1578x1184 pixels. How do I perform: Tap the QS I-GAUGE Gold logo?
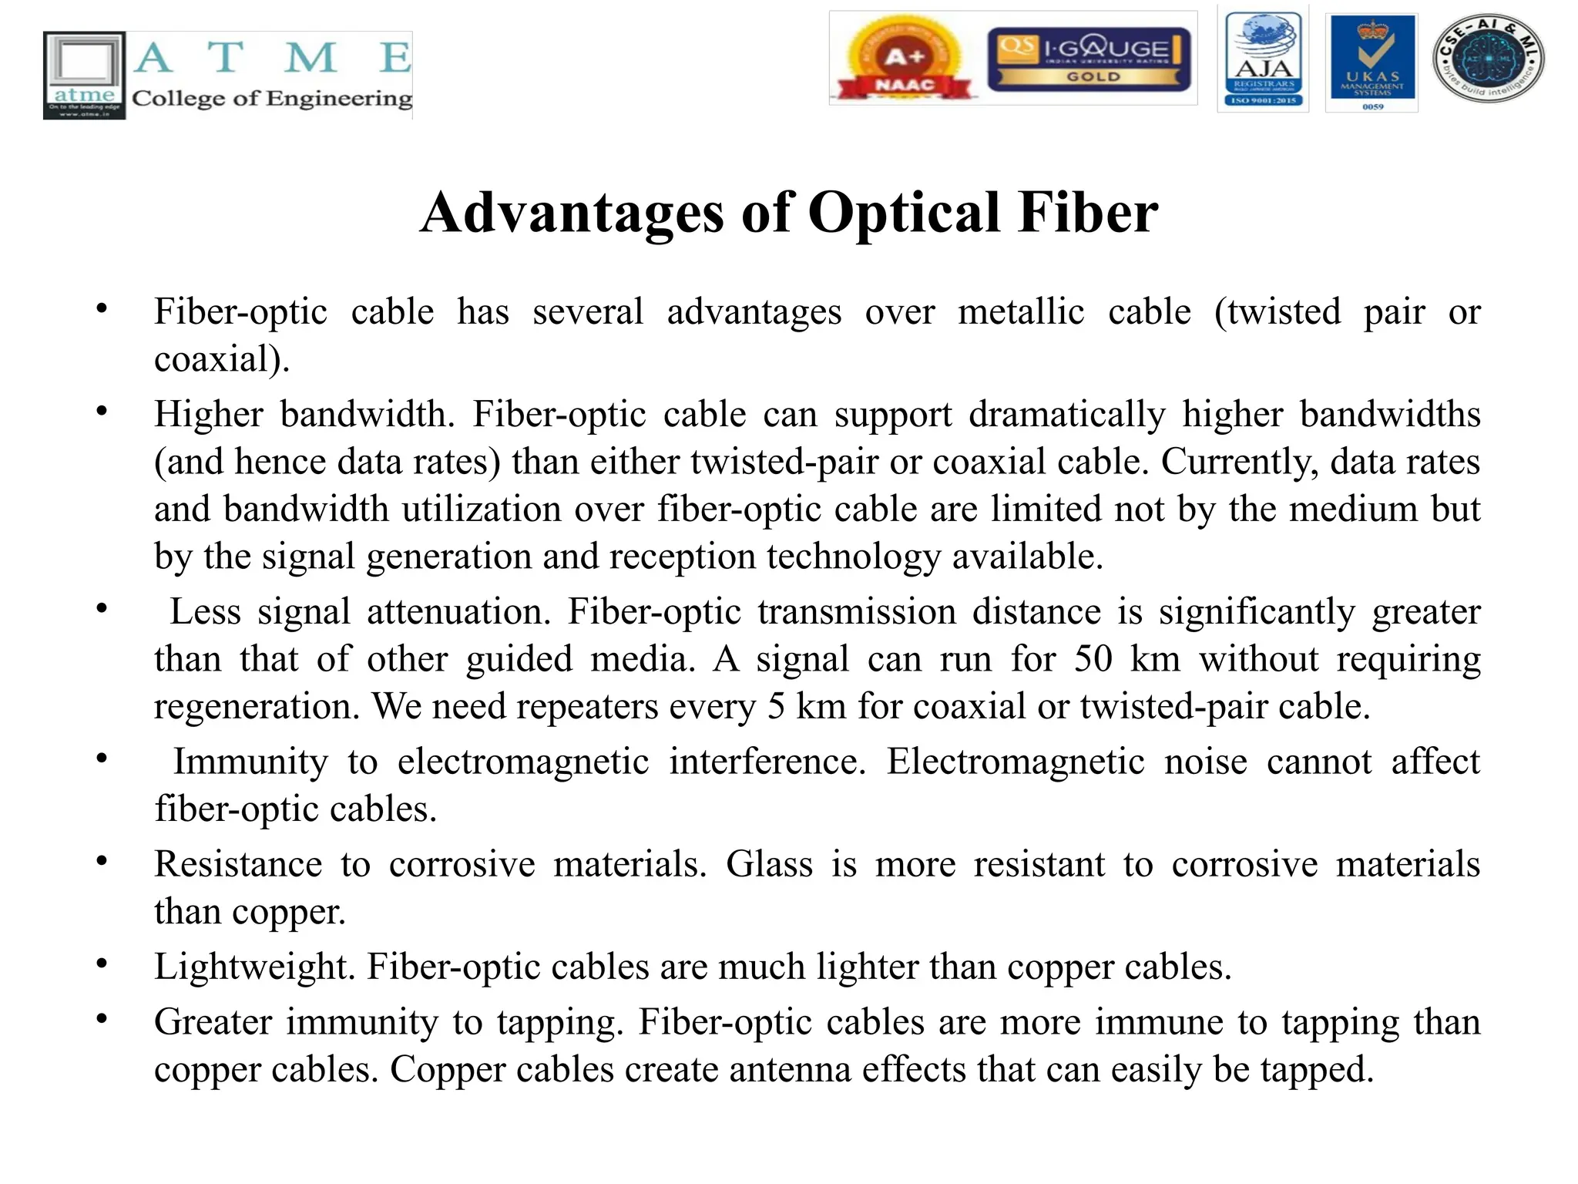tap(1089, 59)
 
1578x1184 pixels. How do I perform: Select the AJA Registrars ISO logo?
tap(1263, 59)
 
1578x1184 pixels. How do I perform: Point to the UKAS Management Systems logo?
tap(1372, 62)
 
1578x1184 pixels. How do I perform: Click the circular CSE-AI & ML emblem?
tap(1488, 59)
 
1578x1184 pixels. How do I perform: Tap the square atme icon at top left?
tap(84, 75)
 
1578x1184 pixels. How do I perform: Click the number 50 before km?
tap(1093, 659)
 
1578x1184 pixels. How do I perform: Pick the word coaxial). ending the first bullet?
tap(222, 359)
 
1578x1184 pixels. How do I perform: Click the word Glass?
tap(769, 864)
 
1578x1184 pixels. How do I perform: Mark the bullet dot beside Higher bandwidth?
tap(102, 412)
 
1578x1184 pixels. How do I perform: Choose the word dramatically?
tap(1067, 415)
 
